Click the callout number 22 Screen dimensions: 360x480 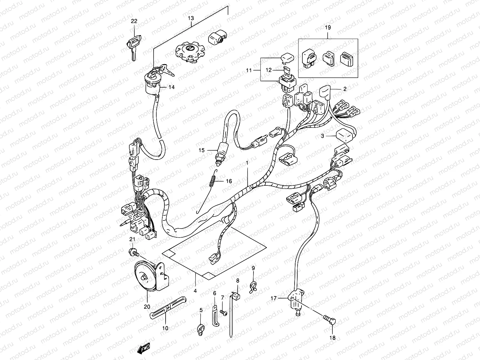pos(134,21)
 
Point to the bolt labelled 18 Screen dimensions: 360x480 pos(329,321)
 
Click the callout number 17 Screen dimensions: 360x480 pos(273,298)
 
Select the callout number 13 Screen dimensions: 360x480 pos(191,18)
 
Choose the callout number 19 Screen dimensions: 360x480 pos(328,28)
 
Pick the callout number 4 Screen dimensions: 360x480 pos(195,291)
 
